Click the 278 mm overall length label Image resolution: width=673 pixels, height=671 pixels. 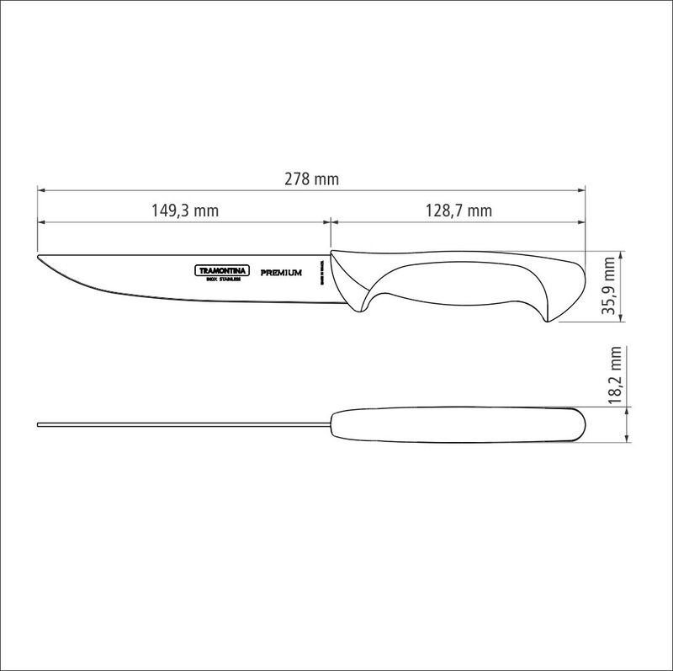(x=312, y=179)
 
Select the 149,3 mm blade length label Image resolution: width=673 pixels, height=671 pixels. (x=184, y=210)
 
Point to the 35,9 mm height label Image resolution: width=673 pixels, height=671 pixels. (x=611, y=286)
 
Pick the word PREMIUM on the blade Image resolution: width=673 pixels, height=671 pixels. (x=282, y=272)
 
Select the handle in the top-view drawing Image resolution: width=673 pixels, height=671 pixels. (x=454, y=425)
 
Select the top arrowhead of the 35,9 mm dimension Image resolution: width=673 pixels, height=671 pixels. (x=622, y=253)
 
